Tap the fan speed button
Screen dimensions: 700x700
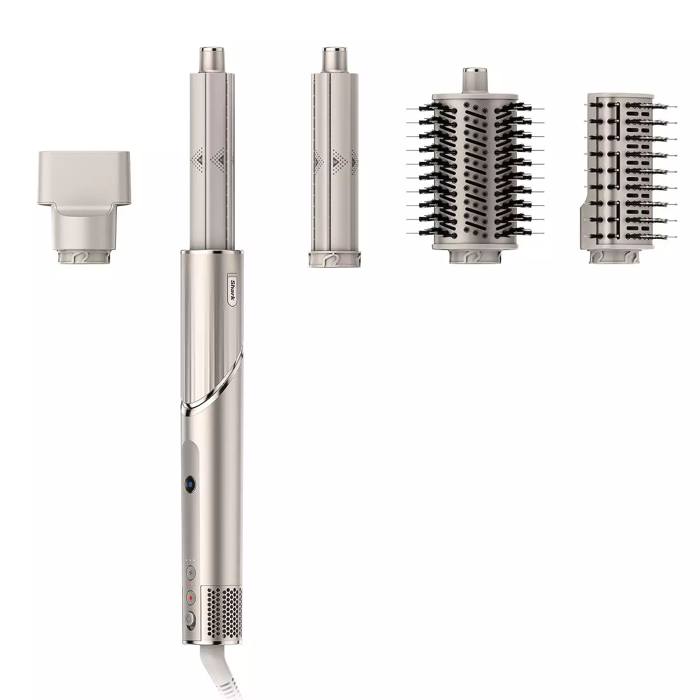[x=190, y=573]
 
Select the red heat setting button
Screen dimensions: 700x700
[x=190, y=597]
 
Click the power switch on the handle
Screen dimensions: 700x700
[x=190, y=620]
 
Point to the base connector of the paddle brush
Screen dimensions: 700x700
[x=612, y=256]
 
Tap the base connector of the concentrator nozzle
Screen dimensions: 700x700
[x=83, y=256]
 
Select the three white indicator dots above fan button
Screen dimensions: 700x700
[x=190, y=560]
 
